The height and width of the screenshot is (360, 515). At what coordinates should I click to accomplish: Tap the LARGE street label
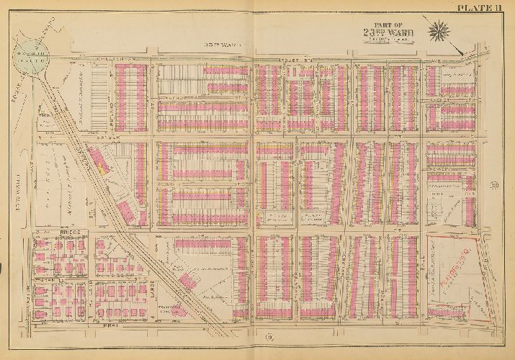click(152, 277)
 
